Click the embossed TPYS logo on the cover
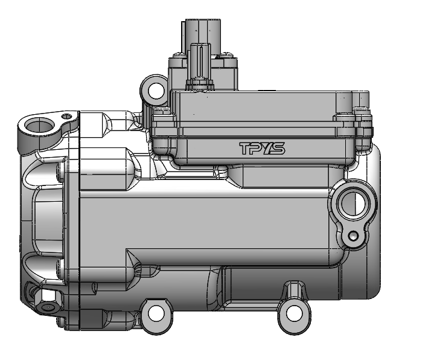261,149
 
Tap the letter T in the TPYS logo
246,149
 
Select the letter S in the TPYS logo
278,149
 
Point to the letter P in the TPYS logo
257,149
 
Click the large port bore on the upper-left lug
40,126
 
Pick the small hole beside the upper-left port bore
67,116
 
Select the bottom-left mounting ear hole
156,313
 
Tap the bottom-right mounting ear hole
294,313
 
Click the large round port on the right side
353,203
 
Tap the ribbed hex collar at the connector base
200,82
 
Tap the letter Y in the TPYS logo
267,149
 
